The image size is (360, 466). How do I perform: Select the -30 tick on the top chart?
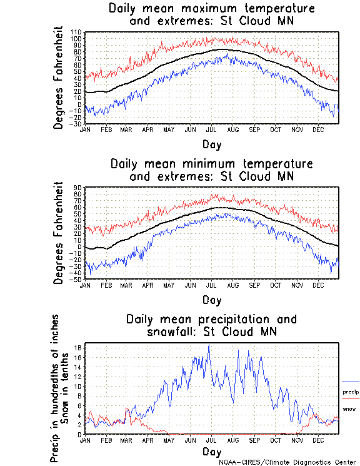coord(77,124)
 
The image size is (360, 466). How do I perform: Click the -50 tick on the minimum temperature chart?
coord(77,279)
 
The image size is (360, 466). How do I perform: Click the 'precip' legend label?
coord(351,392)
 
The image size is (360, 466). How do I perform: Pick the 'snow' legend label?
coord(350,408)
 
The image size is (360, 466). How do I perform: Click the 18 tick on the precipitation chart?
coord(79,347)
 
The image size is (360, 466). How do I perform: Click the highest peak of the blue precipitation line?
coord(209,345)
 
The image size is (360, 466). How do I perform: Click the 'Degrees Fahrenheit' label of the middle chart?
coord(59,233)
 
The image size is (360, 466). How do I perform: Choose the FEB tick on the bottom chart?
coord(106,440)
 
